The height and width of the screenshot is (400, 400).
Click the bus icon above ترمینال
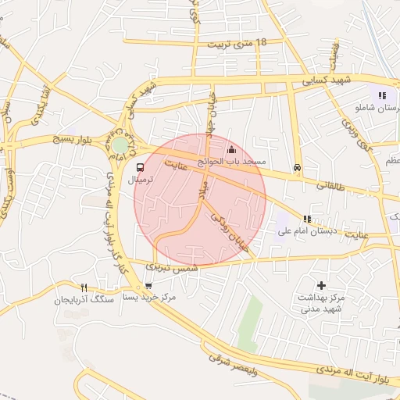tap(140, 167)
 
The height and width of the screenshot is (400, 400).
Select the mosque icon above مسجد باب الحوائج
tap(230, 150)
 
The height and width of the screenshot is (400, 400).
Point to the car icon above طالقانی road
tap(297, 167)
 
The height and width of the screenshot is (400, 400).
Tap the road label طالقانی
tap(334, 187)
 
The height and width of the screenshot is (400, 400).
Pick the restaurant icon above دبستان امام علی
tap(307, 219)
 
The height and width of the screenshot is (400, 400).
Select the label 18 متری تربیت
tap(238, 43)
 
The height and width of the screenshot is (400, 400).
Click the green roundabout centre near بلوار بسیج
tap(120, 145)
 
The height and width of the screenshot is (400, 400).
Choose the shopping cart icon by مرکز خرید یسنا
tap(148, 287)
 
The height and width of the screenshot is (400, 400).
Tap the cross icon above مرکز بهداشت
tap(321, 286)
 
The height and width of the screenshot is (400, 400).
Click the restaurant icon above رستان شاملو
tap(381, 96)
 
